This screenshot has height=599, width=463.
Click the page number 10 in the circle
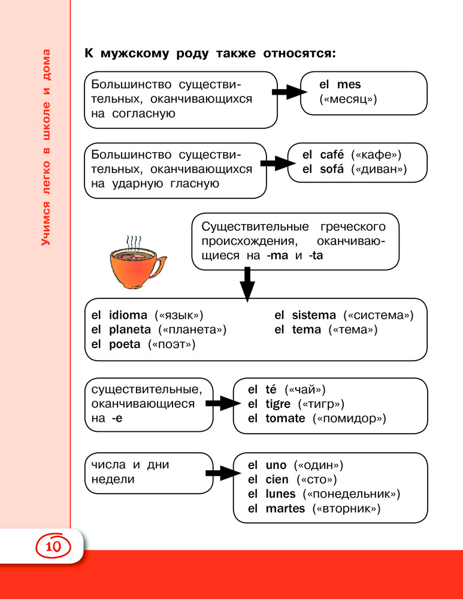coord(53,546)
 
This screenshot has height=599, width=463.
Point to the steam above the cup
coord(134,242)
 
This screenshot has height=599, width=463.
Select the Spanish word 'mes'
coord(349,84)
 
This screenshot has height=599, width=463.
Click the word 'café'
coord(332,155)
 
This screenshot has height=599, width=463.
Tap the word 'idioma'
coord(128,315)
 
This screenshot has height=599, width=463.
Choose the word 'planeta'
coord(130,329)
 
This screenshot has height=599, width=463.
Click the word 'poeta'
coord(125,344)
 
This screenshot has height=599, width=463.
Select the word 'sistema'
coord(314,315)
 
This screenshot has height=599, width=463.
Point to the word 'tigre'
coord(278,404)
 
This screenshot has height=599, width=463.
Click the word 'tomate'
coord(285,418)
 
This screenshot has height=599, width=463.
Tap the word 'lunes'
coord(280,494)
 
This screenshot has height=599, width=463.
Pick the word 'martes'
coord(285,509)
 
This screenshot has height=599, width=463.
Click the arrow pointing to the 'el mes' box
coord(289,92)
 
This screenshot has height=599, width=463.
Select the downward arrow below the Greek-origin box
coord(247,285)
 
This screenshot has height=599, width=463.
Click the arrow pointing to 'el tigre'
coord(223,403)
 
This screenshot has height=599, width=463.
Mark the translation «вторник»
coord(346,509)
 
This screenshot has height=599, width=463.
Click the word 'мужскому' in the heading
coord(135,53)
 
